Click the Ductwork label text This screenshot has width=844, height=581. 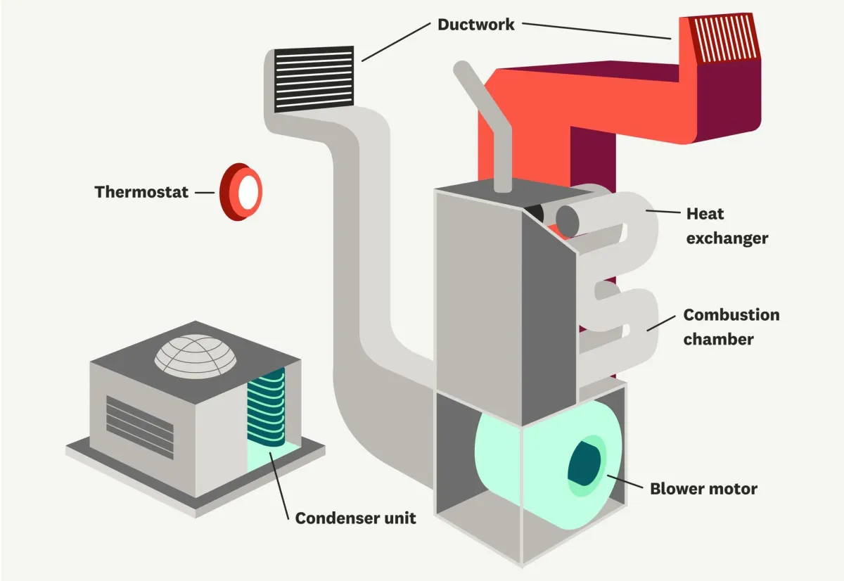pyautogui.click(x=476, y=25)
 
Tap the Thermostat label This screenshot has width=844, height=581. pyautogui.click(x=141, y=191)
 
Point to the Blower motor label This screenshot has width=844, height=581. pyautogui.click(x=703, y=488)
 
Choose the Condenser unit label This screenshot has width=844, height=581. pyautogui.click(x=355, y=518)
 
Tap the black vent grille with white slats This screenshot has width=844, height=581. pyautogui.click(x=314, y=79)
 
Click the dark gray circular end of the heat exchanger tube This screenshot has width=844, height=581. pyautogui.click(x=568, y=220)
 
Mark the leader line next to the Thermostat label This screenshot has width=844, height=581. pyautogui.click(x=205, y=191)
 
